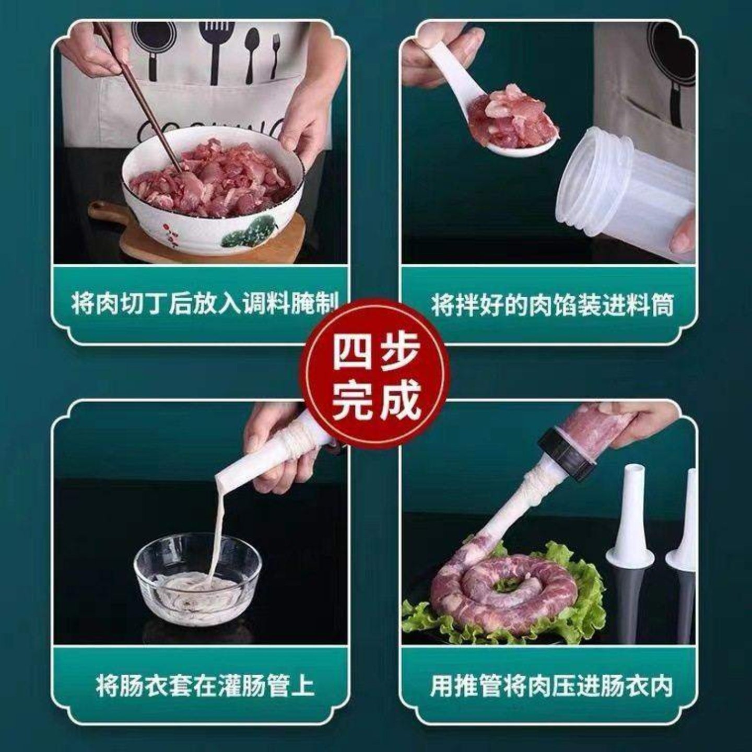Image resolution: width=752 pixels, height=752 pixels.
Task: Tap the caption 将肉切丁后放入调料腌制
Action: coord(205,303)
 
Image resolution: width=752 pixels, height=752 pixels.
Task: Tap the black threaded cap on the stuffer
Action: coord(569,454)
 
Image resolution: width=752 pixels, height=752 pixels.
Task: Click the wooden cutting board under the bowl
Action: coord(209,240)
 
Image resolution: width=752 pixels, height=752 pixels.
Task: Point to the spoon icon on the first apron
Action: coord(252,52)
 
